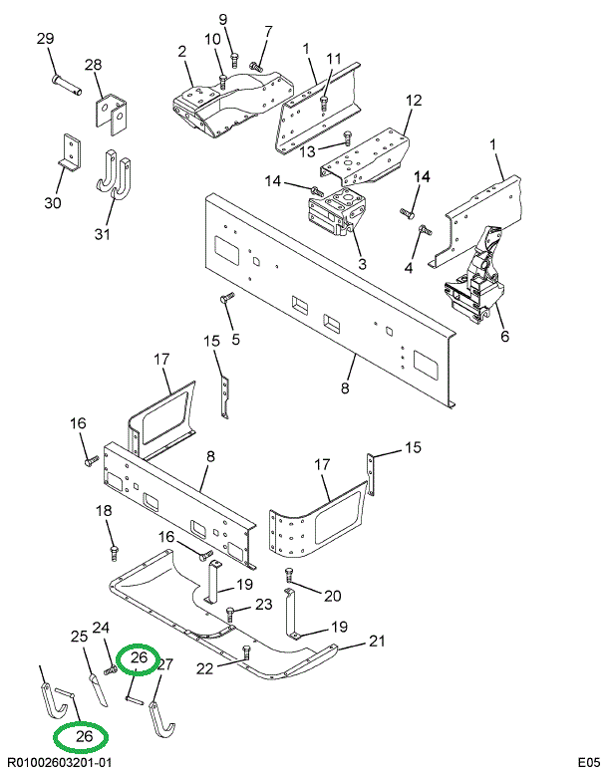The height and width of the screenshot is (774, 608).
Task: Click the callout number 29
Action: pyautogui.click(x=45, y=39)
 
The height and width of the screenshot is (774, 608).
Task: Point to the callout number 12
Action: pyautogui.click(x=414, y=100)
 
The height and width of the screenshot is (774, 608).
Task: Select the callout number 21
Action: pyautogui.click(x=377, y=641)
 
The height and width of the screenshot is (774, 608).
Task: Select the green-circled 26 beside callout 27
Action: pyautogui.click(x=139, y=658)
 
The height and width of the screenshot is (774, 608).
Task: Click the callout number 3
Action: pyautogui.click(x=362, y=264)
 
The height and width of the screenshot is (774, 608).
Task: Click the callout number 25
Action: pyautogui.click(x=79, y=637)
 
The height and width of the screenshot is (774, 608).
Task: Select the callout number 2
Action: pyautogui.click(x=182, y=51)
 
